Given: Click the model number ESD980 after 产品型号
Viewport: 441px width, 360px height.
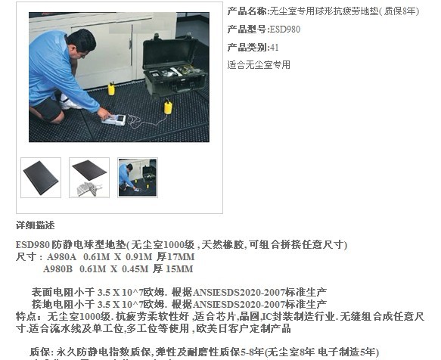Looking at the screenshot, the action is point(285,29).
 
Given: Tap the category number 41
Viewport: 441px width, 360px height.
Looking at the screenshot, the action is point(275,47).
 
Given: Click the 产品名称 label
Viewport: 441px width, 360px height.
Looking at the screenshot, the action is point(247,11).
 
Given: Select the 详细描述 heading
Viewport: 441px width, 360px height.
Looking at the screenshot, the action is point(35,225).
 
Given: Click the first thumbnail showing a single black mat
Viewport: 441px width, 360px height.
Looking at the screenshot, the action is point(41,178).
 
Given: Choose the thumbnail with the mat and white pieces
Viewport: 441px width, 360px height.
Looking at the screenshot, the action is point(89,178).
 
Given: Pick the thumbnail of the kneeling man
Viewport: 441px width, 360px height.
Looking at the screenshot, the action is point(138,178).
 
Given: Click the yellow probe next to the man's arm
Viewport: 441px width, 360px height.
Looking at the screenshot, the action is point(111,89).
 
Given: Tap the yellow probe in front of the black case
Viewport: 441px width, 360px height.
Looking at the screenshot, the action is point(168,107).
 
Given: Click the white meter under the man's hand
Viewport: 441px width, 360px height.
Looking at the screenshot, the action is point(114,119).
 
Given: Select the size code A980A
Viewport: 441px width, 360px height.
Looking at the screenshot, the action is point(61,257).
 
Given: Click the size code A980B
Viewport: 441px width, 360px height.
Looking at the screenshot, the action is point(58,269).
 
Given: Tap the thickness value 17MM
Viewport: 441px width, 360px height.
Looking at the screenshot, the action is point(181,257).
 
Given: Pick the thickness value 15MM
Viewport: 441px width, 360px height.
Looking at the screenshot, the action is point(179,269).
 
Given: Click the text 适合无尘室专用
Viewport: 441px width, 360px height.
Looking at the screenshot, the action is point(259,65).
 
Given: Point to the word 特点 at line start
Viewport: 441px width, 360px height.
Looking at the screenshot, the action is point(26,317).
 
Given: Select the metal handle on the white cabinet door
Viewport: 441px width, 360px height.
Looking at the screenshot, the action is point(131,44).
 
